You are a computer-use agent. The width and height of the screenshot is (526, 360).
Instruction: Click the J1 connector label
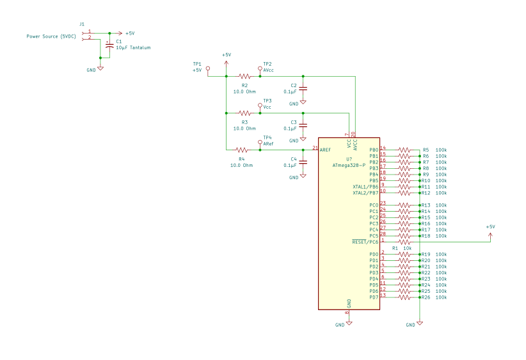pyautogui.click(x=82, y=24)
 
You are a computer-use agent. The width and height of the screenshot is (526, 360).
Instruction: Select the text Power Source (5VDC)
pyautogui.click(x=51, y=36)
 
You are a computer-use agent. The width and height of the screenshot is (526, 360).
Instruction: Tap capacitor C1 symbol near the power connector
pyautogui.click(x=109, y=45)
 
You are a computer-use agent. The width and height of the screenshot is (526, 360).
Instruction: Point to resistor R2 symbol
pyautogui.click(x=244, y=76)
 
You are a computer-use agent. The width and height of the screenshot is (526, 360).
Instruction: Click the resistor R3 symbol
pyautogui.click(x=244, y=113)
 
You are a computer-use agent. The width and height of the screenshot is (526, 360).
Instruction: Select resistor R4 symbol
pyautogui.click(x=242, y=150)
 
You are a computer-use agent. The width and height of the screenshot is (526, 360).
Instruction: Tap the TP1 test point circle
pyautogui.click(x=207, y=65)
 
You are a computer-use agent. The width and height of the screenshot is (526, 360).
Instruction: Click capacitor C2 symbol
pyautogui.click(x=303, y=88)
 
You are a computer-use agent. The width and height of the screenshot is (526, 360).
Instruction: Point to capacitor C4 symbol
pyautogui.click(x=303, y=162)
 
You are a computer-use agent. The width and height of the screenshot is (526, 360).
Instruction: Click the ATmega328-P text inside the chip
pyautogui.click(x=349, y=164)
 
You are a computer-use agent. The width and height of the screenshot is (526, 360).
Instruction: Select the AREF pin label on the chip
pyautogui.click(x=325, y=150)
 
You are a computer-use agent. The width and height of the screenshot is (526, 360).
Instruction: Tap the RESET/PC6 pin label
pyautogui.click(x=365, y=242)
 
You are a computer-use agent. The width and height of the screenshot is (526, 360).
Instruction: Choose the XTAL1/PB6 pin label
pyautogui.click(x=365, y=187)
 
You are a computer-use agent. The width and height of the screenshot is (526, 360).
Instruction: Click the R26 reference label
pyautogui.click(x=426, y=297)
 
